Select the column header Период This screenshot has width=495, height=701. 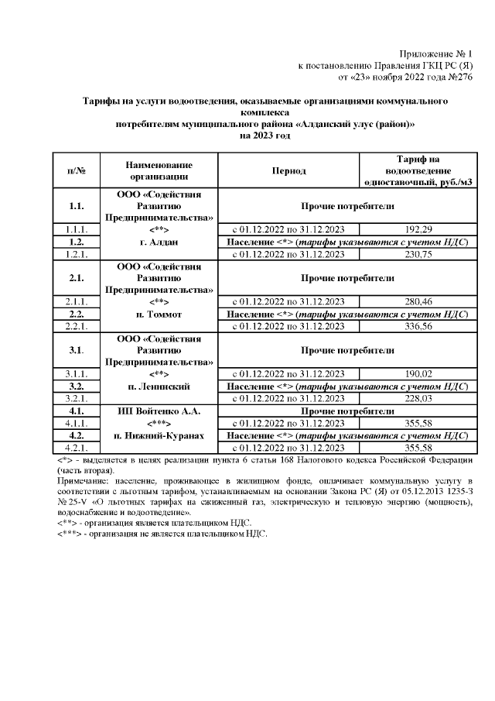(288, 170)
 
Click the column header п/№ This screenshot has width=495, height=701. (76, 170)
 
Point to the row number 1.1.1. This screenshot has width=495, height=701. (76, 230)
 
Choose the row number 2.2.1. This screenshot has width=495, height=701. (76, 325)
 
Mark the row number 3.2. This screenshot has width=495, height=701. (76, 386)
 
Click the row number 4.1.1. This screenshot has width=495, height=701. (76, 423)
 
